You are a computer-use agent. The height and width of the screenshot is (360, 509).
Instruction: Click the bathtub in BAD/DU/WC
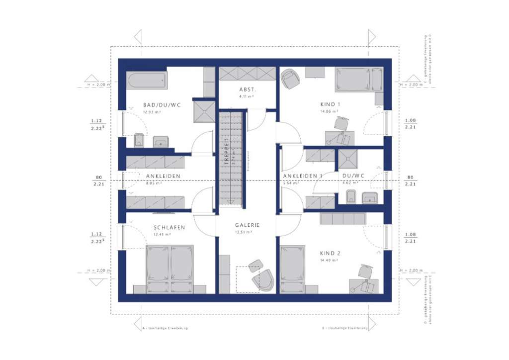[147, 80]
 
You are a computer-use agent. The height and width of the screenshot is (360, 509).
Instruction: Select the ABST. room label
[247, 90]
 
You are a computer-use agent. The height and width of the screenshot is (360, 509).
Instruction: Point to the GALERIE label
[247, 225]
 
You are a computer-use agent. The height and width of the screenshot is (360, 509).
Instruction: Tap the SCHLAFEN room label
[169, 228]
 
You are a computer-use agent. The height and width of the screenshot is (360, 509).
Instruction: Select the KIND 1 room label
[330, 105]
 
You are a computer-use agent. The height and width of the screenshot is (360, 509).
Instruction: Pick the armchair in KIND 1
[289, 78]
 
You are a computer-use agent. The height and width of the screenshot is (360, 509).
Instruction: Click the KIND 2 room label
[330, 253]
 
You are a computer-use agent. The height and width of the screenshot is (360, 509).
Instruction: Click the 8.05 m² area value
[154, 183]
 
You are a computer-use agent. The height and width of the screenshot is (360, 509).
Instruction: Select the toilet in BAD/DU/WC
[139, 140]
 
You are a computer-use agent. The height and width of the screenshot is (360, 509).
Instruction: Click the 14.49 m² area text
[330, 260]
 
